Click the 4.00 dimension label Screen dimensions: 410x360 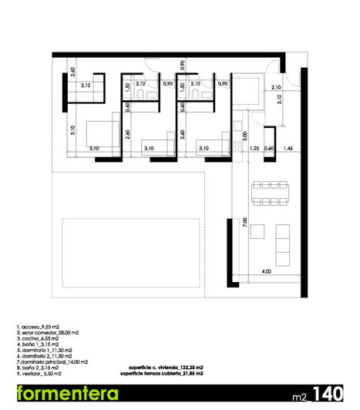tap(266, 271)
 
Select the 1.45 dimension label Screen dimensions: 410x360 tap(288, 147)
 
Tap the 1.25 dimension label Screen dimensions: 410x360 tap(254, 147)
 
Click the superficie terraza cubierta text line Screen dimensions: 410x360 tap(162, 373)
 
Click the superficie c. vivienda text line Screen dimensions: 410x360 tap(161, 368)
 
